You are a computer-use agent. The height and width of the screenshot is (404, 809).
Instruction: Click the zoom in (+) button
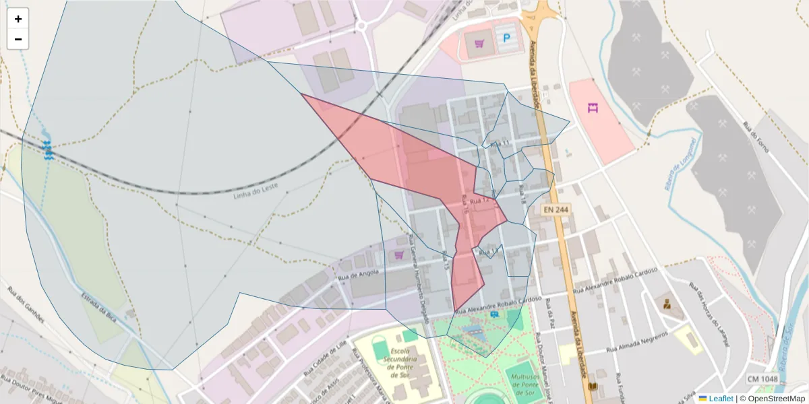click(18, 19)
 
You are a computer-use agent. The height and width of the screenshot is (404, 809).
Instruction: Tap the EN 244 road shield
click(557, 210)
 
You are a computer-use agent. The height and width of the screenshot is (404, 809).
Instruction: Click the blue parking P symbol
click(506, 39)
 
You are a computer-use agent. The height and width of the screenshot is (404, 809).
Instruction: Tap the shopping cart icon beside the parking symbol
click(479, 44)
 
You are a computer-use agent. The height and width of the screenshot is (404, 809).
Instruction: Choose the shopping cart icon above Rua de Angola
click(398, 255)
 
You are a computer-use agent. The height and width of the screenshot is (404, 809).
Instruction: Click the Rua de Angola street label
click(358, 273)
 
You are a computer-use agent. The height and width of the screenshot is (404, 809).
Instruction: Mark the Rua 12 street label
click(479, 201)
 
